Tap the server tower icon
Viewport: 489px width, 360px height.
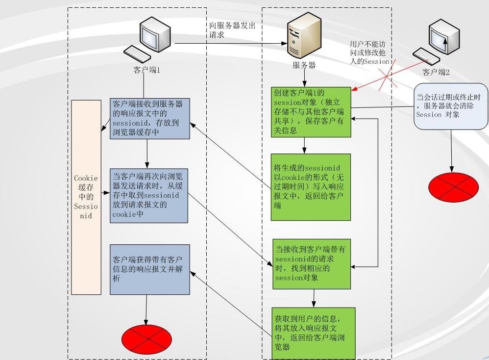pos(303,37)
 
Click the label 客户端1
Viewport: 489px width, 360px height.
pos(147,70)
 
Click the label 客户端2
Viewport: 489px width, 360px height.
pos(436,73)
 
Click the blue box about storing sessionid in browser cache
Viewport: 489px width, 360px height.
pos(149,118)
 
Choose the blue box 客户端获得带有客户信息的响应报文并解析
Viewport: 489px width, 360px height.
pos(149,269)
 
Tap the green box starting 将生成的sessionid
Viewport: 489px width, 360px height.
pos(312,186)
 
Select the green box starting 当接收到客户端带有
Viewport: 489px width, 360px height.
pos(312,263)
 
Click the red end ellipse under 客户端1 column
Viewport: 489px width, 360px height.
pos(147,338)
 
